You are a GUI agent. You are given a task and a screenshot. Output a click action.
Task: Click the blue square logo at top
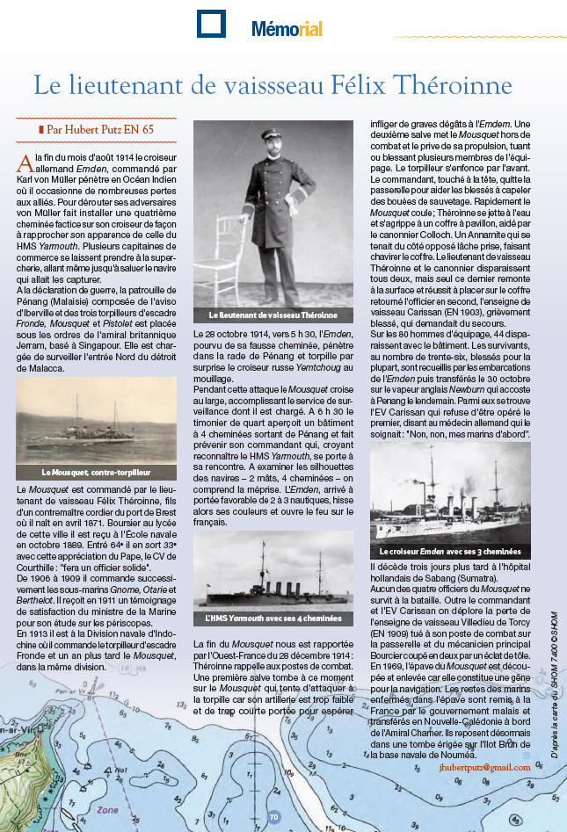click(x=211, y=25)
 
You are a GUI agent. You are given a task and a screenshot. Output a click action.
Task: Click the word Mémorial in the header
click(x=287, y=30)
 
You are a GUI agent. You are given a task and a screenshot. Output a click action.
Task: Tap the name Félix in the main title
click(x=377, y=85)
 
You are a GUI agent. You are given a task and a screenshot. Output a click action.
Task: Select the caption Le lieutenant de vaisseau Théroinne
click(x=272, y=314)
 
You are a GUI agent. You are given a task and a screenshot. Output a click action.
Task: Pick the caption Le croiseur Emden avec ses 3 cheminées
click(x=449, y=551)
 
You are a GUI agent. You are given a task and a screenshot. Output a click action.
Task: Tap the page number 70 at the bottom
click(x=273, y=817)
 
